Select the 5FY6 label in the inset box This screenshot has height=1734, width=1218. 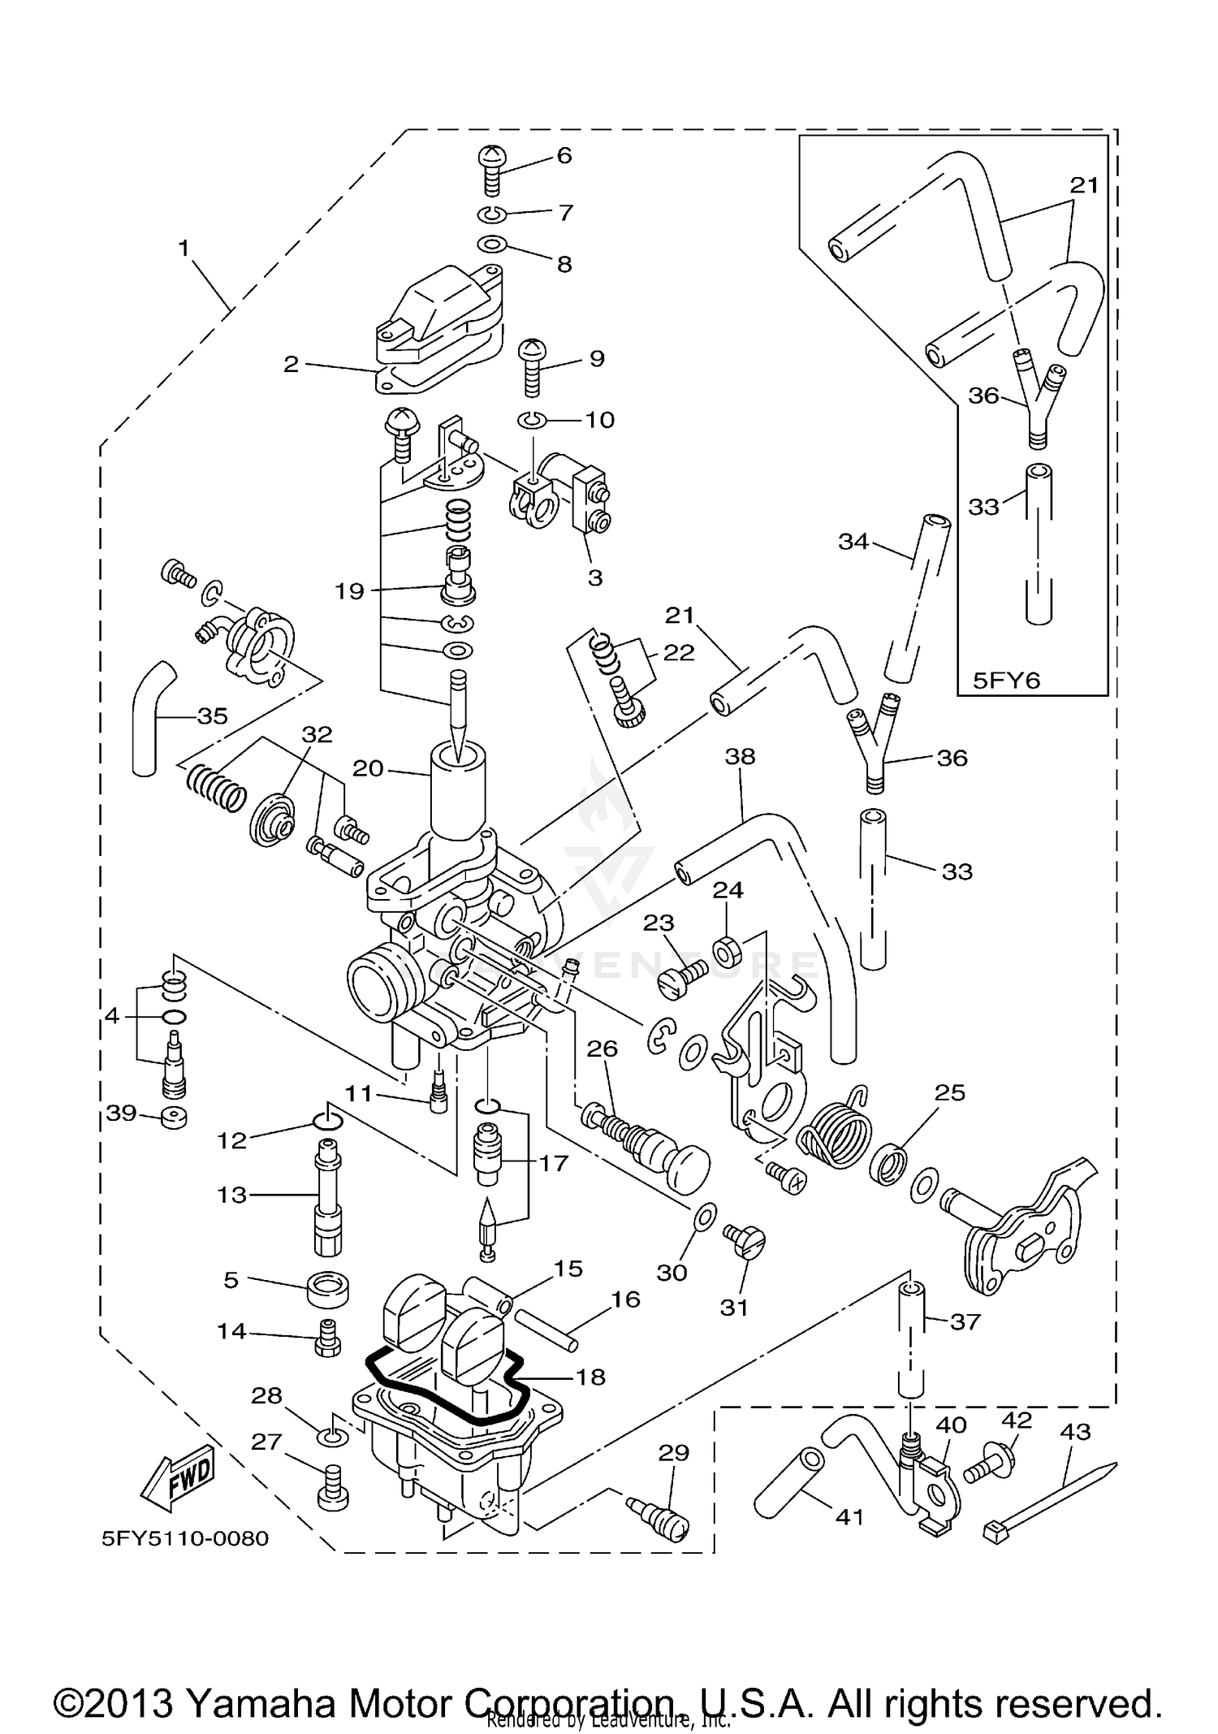click(1006, 680)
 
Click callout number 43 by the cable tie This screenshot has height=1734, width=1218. click(1075, 1431)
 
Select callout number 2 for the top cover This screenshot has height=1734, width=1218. click(292, 364)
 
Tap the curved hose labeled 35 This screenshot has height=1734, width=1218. click(151, 715)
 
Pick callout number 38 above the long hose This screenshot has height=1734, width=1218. click(740, 756)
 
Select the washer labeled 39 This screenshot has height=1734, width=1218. click(173, 1118)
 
